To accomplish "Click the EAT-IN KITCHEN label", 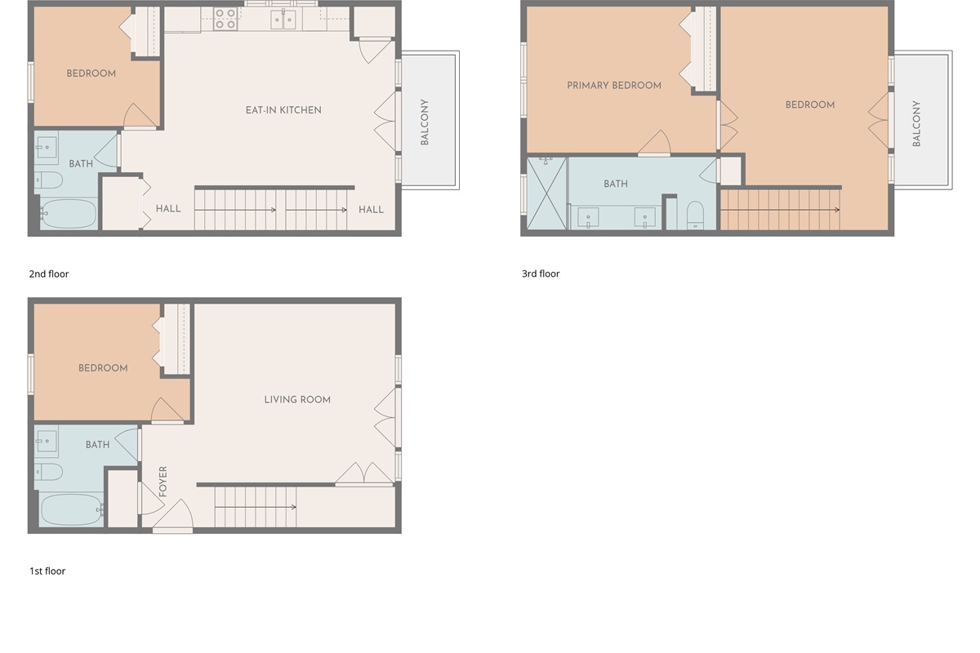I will coord(283,110).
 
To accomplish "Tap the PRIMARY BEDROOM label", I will coord(614,86).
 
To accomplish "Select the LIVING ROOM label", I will coord(297,400).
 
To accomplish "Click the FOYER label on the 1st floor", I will coord(163,482).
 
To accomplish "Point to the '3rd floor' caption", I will coord(541,274).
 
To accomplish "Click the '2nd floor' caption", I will coord(49,274).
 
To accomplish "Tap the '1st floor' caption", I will coord(47,571).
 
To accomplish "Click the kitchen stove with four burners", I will coord(225,19).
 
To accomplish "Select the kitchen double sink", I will coord(283,19).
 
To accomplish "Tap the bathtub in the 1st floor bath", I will coord(70,510).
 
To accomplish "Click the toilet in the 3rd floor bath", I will coord(695,215).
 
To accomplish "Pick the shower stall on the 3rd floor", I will coord(546,194).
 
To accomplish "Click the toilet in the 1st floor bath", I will coord(49,472).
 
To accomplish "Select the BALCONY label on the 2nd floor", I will coord(425,122).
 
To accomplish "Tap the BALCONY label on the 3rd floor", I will coord(916,123).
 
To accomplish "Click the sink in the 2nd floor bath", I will coord(47,149).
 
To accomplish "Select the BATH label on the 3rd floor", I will coord(616,184).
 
